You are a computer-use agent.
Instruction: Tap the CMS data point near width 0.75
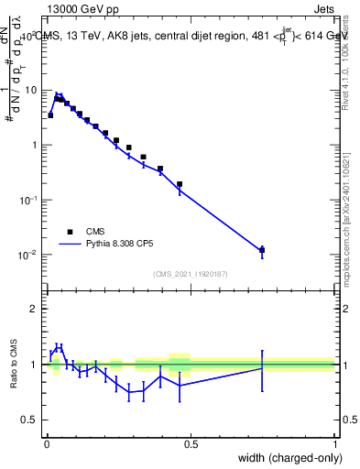click(262, 249)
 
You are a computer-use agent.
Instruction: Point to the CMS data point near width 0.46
click(180, 184)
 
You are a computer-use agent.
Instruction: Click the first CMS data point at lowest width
click(50, 115)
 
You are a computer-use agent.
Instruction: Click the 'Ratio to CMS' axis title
click(13, 364)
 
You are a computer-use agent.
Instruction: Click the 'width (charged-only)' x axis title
click(288, 459)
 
